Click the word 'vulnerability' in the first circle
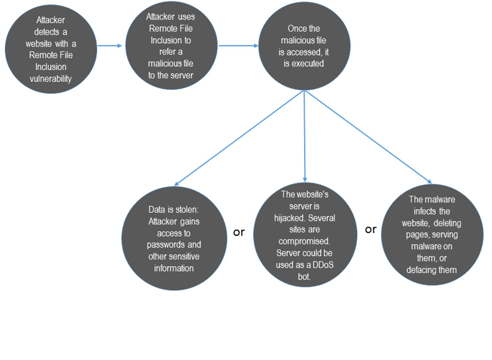click(50, 78)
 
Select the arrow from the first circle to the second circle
click(110, 46)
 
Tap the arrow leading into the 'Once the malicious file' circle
click(238, 46)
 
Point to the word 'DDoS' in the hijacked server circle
click(323, 265)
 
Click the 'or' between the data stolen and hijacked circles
click(239, 232)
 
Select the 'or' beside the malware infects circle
click(370, 229)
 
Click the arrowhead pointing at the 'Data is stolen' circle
click(176, 184)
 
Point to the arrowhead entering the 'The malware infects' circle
click(430, 181)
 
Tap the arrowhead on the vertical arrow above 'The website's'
click(305, 180)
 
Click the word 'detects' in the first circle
click(47, 32)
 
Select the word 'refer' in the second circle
click(166, 52)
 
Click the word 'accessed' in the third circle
click(304, 52)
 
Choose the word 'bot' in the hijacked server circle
click(304, 277)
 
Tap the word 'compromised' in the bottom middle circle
click(304, 241)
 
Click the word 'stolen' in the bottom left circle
click(186, 209)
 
